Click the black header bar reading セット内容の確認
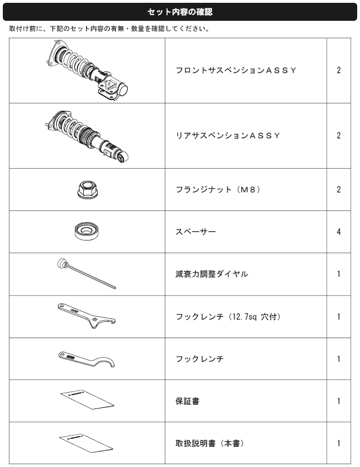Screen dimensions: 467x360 179,11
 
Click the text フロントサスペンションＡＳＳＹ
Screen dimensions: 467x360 236,71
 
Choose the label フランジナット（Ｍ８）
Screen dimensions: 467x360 216,190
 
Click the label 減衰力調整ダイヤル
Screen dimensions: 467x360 211,274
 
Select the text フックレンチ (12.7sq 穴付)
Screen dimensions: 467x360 228,316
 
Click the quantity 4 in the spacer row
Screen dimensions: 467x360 339,231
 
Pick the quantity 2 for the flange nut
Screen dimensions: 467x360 339,190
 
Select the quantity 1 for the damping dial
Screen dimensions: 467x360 339,274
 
